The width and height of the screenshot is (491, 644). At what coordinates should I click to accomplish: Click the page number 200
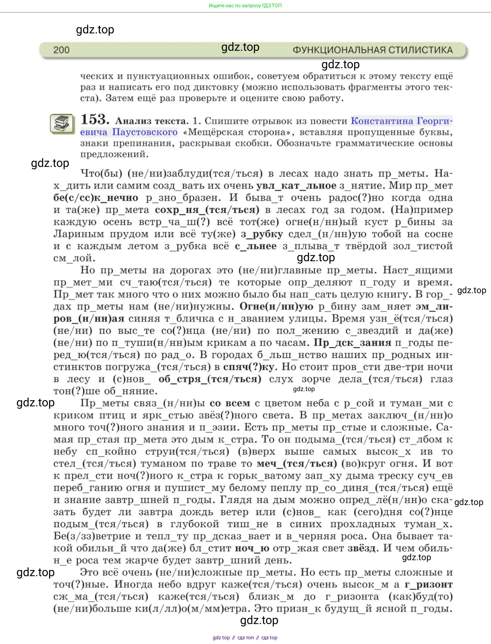click(x=61, y=50)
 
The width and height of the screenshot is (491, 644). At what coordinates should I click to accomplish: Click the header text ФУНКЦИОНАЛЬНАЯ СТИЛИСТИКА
click(x=373, y=50)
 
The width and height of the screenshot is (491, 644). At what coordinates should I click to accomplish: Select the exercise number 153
click(x=95, y=119)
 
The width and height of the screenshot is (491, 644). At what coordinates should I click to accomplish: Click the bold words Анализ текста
click(x=152, y=121)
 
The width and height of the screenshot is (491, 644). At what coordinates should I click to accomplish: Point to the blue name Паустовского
click(x=145, y=132)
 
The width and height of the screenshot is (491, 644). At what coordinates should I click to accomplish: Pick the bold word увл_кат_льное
click(x=296, y=186)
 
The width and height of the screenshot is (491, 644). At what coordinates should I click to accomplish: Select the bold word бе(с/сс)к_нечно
click(x=96, y=198)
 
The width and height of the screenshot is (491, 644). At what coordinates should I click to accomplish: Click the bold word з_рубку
click(x=262, y=234)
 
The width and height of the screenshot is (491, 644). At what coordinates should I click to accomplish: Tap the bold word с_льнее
click(x=256, y=246)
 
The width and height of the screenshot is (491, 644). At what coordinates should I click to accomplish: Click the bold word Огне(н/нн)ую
click(x=276, y=307)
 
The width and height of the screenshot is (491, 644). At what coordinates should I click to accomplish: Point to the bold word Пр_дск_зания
click(x=352, y=343)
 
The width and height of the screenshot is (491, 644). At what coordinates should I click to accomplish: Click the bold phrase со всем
click(x=230, y=403)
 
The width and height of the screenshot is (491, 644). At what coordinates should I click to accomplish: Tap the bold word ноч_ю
click(x=252, y=548)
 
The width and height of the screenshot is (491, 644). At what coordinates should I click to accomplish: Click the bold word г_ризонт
click(x=429, y=584)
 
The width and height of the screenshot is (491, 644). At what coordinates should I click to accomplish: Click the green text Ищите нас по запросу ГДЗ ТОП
click(x=245, y=5)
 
